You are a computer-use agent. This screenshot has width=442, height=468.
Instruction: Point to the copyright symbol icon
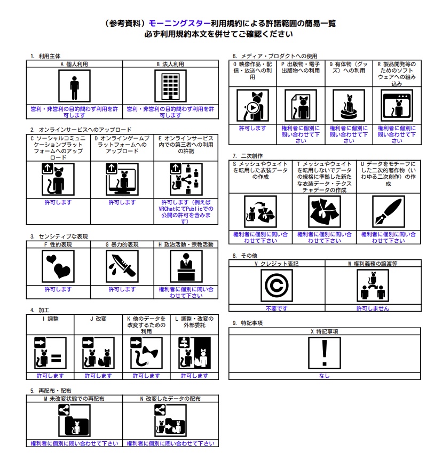tap(276, 285)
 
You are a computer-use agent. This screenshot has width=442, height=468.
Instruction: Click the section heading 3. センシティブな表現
tap(59, 236)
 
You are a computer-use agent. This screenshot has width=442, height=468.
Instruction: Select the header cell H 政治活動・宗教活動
tap(186, 245)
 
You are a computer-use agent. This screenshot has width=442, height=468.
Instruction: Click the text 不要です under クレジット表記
tap(276, 308)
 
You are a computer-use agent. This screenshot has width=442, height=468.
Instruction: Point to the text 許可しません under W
tap(373, 308)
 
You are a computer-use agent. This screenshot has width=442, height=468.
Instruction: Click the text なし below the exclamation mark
tap(324, 376)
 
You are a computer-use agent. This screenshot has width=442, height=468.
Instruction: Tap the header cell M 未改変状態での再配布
tap(74, 399)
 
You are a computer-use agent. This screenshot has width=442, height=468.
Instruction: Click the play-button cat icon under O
tap(252, 106)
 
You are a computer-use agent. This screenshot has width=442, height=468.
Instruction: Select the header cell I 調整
tap(50, 319)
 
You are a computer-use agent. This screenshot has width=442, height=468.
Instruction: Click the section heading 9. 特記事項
tap(248, 323)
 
